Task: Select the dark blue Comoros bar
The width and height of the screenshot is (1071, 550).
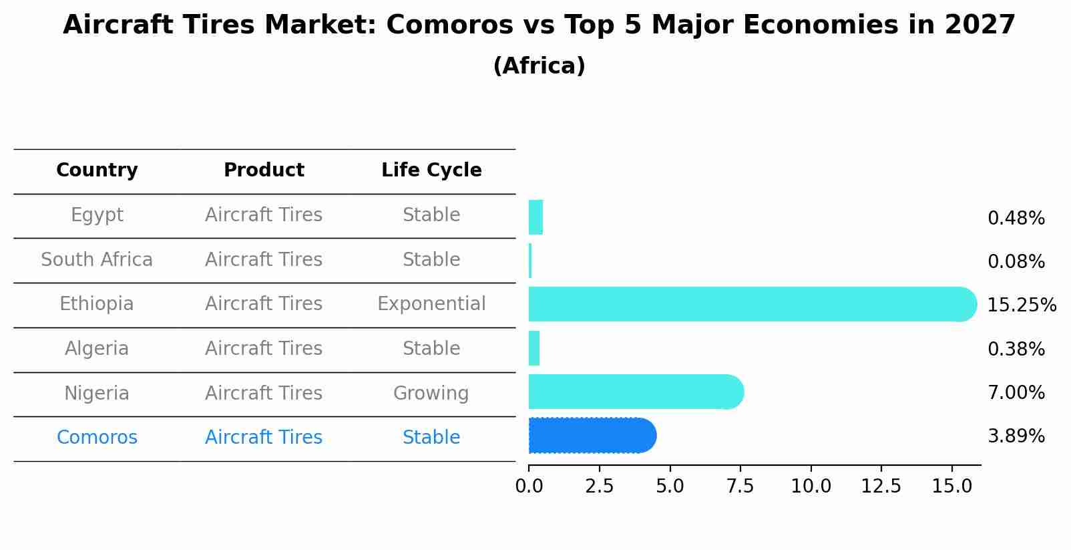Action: (592, 436)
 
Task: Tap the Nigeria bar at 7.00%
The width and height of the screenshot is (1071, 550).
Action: (634, 392)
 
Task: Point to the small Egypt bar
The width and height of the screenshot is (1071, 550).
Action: (535, 217)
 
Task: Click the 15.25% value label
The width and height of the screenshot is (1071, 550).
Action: (1021, 305)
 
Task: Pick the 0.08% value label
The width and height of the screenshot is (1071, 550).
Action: (1016, 262)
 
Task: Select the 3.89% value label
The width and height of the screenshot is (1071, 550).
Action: (1016, 436)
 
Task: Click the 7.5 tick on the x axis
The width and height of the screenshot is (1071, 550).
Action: (740, 487)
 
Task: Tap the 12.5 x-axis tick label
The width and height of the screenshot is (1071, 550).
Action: (881, 487)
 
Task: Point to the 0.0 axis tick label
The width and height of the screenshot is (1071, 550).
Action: (529, 487)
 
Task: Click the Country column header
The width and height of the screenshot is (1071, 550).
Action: (97, 170)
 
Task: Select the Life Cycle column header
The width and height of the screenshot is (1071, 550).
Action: (431, 170)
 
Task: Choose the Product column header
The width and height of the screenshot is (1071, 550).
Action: (264, 170)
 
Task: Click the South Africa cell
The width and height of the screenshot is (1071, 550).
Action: (97, 260)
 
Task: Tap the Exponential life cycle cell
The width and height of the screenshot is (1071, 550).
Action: (431, 304)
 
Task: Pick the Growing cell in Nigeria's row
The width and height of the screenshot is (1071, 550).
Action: (431, 394)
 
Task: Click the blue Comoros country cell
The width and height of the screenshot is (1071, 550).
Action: (97, 438)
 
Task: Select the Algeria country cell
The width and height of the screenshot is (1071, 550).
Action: (97, 349)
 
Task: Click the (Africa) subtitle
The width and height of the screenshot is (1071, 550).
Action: (539, 66)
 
